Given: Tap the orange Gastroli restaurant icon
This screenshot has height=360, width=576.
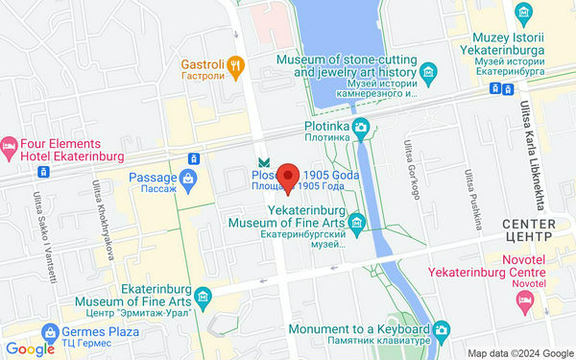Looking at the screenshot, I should (x=236, y=65).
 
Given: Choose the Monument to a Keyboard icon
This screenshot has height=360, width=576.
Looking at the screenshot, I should (x=441, y=329).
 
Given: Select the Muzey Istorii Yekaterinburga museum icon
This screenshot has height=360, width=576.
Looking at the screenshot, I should (x=524, y=13).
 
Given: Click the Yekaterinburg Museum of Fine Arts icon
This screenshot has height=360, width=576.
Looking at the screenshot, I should (x=357, y=223).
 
